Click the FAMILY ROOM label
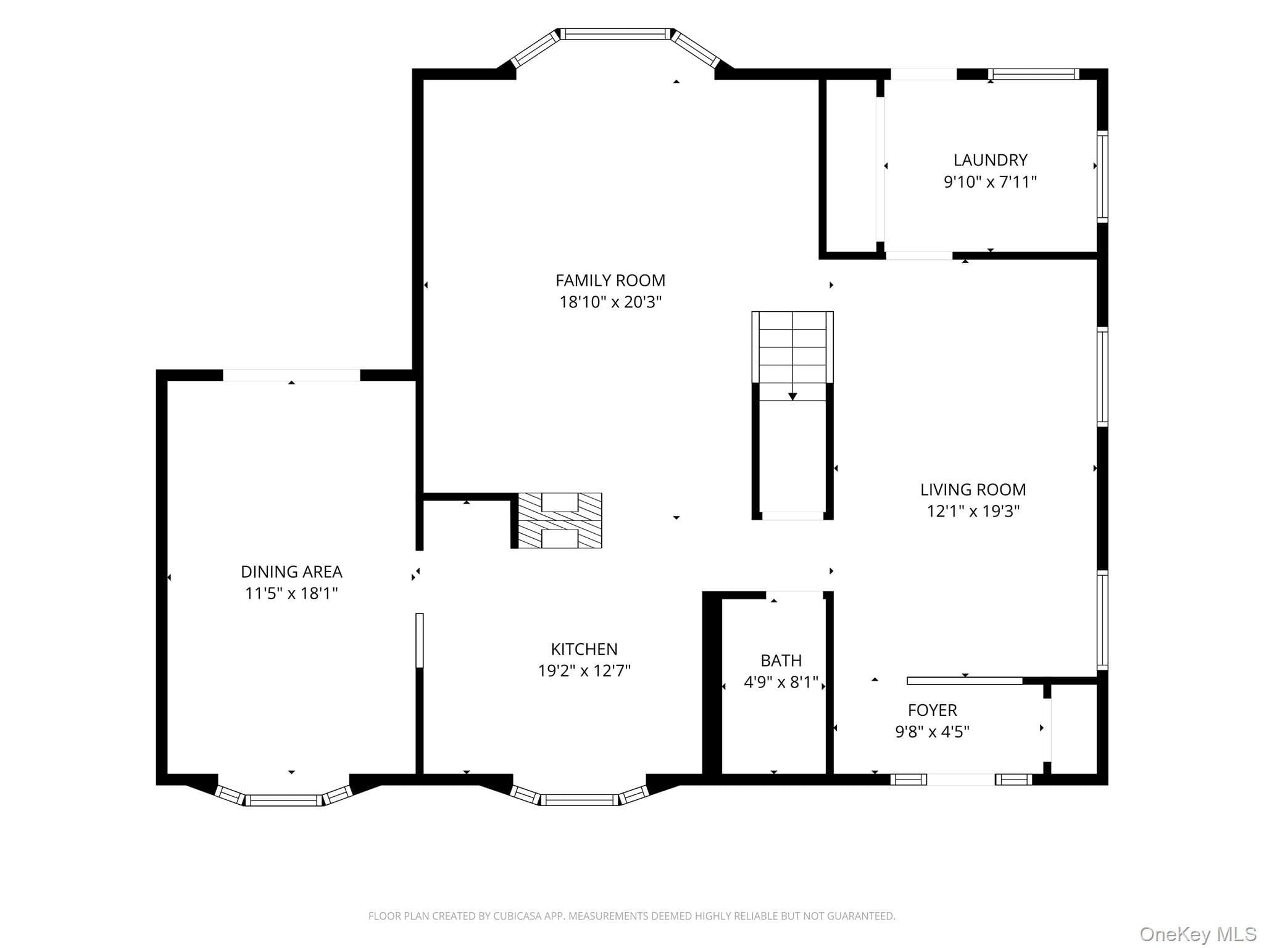click(x=610, y=281)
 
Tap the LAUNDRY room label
click(x=991, y=160)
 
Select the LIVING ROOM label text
click(x=973, y=490)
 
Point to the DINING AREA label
click(x=291, y=572)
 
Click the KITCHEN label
click(x=584, y=649)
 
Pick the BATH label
click(x=781, y=661)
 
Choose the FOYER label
click(x=933, y=710)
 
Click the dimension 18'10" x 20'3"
click(x=610, y=302)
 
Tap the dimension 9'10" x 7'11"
click(x=991, y=182)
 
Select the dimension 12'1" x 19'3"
click(x=973, y=512)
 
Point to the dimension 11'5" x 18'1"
click(x=291, y=594)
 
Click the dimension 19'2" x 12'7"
click(x=584, y=671)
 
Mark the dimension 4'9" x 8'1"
click(x=781, y=683)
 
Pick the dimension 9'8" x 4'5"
click(x=933, y=732)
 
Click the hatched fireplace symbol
click(x=560, y=520)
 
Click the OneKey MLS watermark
click(x=1198, y=934)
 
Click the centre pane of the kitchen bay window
click(x=581, y=800)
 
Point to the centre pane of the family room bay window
click(x=615, y=34)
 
